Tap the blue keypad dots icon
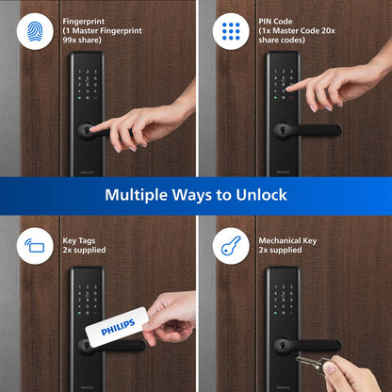[229, 31]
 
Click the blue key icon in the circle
[229, 247]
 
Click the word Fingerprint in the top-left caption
[84, 20]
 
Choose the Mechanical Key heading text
[289, 240]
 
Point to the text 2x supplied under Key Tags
[84, 252]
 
